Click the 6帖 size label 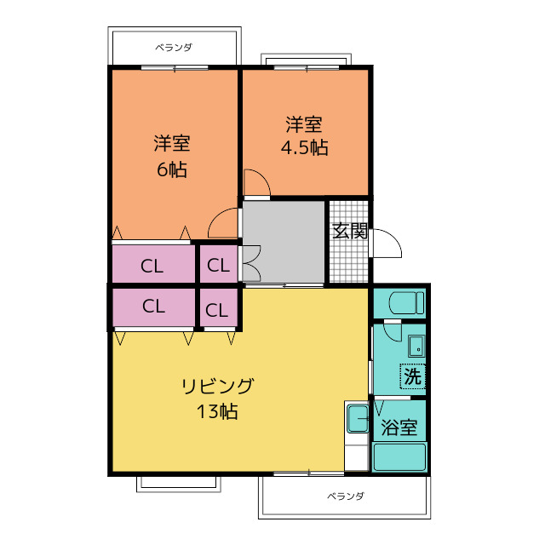point(172,169)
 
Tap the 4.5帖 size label point(305,147)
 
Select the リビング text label point(218,386)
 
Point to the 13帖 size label point(218,411)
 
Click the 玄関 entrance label point(350,231)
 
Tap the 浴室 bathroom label point(399,427)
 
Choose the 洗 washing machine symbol point(412,376)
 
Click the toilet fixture point(407,303)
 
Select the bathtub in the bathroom point(399,457)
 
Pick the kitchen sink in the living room point(358,418)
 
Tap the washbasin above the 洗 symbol point(416,346)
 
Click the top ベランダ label point(174,48)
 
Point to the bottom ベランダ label point(346,496)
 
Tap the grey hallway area point(284,242)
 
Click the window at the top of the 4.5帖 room point(307,68)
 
